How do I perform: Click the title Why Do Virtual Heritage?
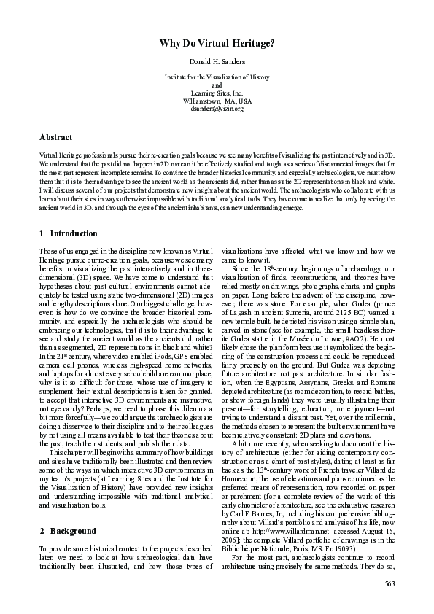(x=217, y=43)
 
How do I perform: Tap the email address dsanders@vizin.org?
(x=217, y=109)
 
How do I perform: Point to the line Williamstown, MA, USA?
(x=217, y=101)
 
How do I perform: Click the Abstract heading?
(x=55, y=137)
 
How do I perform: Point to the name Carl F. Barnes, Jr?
(x=258, y=494)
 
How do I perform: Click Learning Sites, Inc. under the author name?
(x=217, y=93)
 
